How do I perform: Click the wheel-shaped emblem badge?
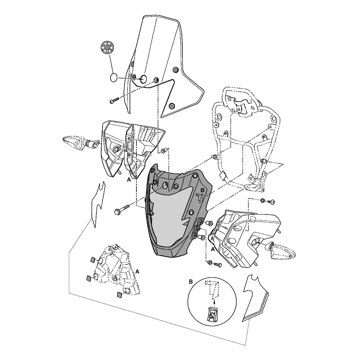(107, 48)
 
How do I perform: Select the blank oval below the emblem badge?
(114, 78)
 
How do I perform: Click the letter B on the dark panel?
(202, 190)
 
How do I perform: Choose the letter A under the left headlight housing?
(129, 179)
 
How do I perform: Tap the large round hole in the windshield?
(143, 79)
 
